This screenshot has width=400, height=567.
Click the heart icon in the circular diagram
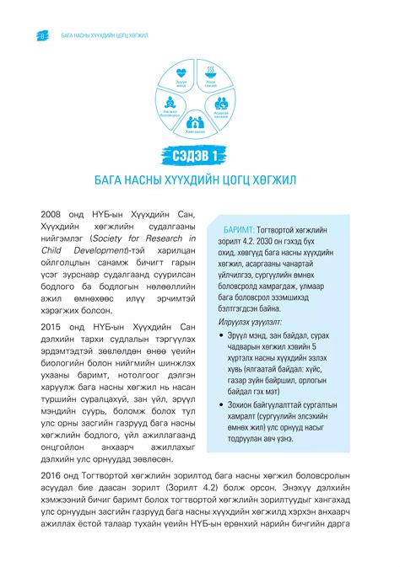pos(181,73)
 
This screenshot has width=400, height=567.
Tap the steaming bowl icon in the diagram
pos(210,73)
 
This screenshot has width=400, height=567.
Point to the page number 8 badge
pos(42,36)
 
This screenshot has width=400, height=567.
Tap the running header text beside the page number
pos(103,36)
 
